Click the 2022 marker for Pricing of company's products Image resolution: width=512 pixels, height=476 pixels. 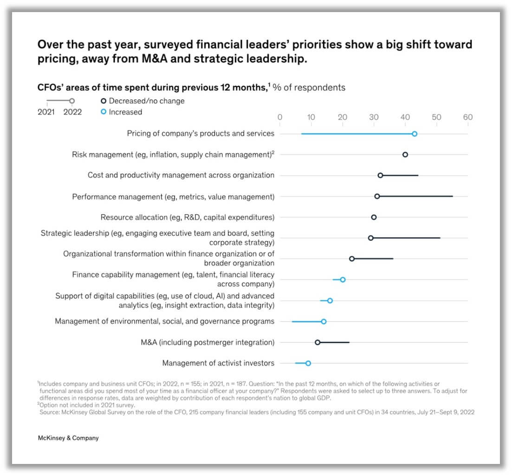(x=415, y=134)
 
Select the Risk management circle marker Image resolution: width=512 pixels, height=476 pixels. (x=405, y=154)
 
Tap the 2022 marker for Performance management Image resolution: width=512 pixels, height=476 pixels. (x=377, y=196)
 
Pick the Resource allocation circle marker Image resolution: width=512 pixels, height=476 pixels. (x=374, y=217)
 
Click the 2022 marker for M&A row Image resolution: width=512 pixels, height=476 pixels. (x=318, y=342)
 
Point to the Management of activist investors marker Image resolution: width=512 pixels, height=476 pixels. (x=308, y=363)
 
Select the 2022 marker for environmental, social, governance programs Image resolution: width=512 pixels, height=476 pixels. (x=324, y=322)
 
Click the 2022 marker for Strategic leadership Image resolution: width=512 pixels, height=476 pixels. (x=370, y=238)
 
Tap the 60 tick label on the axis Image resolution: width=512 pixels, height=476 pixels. (x=467, y=117)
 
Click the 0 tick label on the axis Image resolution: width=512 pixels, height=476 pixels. (x=279, y=117)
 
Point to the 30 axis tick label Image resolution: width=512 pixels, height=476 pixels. (x=374, y=117)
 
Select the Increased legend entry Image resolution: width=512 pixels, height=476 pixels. (x=121, y=112)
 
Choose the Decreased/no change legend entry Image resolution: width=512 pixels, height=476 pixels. (x=143, y=101)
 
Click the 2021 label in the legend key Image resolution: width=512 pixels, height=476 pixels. (x=46, y=112)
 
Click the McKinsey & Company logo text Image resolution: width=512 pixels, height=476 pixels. (x=68, y=438)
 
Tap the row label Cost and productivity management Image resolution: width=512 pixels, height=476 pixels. (x=181, y=175)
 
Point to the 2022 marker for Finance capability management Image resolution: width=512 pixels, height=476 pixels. (x=343, y=280)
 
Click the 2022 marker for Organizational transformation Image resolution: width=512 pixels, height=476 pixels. (x=352, y=258)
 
